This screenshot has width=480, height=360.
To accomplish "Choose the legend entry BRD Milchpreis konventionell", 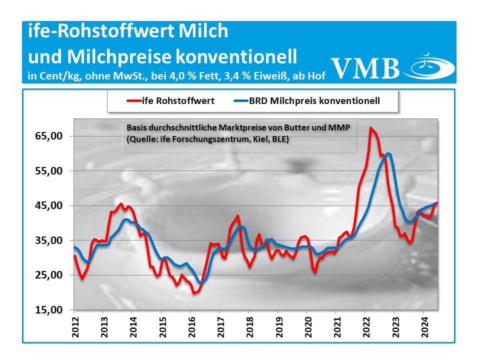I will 314,101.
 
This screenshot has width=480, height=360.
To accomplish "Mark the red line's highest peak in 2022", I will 370,128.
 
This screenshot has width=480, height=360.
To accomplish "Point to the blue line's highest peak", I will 388,153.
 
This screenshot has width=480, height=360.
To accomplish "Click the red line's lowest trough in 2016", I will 194,293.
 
